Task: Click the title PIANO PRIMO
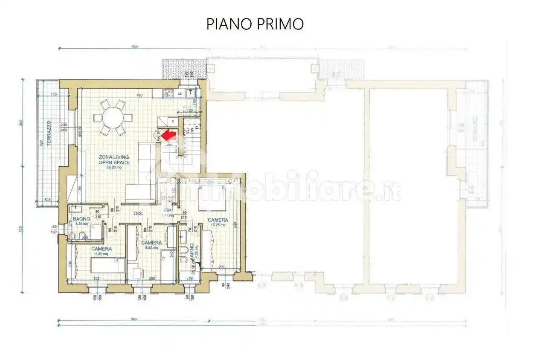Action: pos(255,24)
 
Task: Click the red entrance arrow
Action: pos(170,135)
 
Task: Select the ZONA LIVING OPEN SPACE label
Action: pos(113,160)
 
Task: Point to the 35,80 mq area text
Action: pos(113,168)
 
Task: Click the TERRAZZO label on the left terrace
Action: pos(49,134)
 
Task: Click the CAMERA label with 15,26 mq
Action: pos(218,220)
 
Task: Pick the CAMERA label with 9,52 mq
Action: pos(151,243)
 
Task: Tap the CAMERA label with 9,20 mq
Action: pos(102,249)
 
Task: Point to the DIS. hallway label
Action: pos(137,213)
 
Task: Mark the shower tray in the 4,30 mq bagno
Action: pos(96,232)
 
